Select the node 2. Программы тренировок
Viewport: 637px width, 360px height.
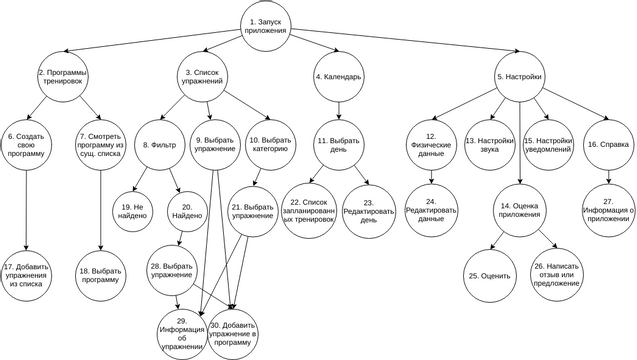coord(62,79)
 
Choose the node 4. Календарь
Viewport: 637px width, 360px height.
coord(338,77)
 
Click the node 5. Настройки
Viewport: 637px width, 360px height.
coord(519,77)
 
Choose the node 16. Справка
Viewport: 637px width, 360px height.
coord(607,143)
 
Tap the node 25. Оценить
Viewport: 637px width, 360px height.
coord(489,275)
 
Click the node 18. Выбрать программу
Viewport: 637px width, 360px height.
coord(101,274)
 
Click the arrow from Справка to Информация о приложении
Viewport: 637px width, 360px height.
coord(607,175)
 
